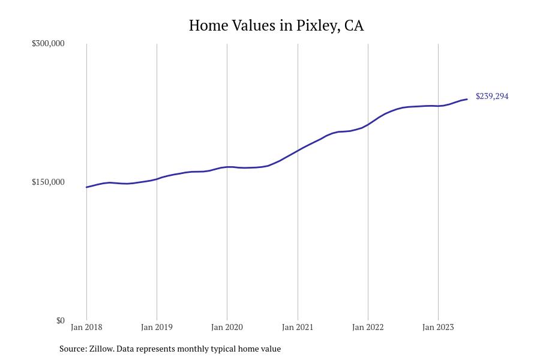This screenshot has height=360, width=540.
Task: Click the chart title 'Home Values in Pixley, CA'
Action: pos(276,25)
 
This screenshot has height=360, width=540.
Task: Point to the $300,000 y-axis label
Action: pos(48,43)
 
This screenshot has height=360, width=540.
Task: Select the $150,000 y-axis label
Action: pos(48,182)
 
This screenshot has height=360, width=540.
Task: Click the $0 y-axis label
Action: pos(60,320)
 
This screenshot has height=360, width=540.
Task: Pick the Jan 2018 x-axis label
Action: pos(86,327)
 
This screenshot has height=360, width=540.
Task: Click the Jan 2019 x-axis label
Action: pos(157,327)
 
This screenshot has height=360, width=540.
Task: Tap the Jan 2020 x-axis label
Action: pos(227,327)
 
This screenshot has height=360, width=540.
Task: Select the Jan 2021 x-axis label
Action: pos(298,327)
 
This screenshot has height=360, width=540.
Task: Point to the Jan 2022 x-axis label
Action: pos(368,327)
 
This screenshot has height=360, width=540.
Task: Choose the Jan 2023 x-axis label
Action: pos(438,327)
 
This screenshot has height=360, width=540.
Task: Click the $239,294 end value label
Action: pos(492,96)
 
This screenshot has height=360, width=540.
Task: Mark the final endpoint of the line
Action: pos(467,99)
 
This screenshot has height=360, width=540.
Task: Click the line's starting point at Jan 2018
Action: pos(86,187)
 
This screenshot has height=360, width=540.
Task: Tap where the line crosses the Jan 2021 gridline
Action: pos(298,150)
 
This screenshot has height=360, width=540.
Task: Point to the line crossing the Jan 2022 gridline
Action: pos(368,124)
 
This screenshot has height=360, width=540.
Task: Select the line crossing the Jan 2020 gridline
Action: pos(227,167)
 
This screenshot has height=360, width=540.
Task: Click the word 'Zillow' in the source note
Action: pos(101,349)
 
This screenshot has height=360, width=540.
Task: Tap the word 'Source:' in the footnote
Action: pos(73,349)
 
